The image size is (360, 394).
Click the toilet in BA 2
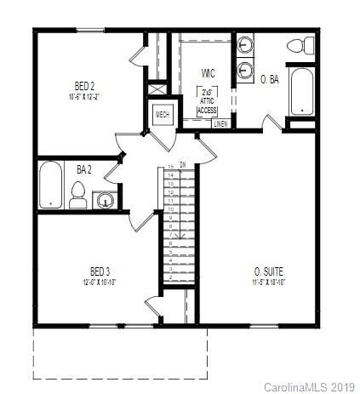tap(77, 196)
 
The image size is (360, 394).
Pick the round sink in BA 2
tap(105, 201)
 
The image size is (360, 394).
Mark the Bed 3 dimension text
tap(99, 283)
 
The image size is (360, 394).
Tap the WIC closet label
tap(207, 74)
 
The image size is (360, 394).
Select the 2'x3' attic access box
tap(207, 101)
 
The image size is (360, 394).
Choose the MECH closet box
tap(161, 115)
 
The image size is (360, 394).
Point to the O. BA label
tap(269, 79)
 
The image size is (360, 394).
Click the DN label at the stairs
tap(182, 164)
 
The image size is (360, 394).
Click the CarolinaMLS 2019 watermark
tap(310, 386)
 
